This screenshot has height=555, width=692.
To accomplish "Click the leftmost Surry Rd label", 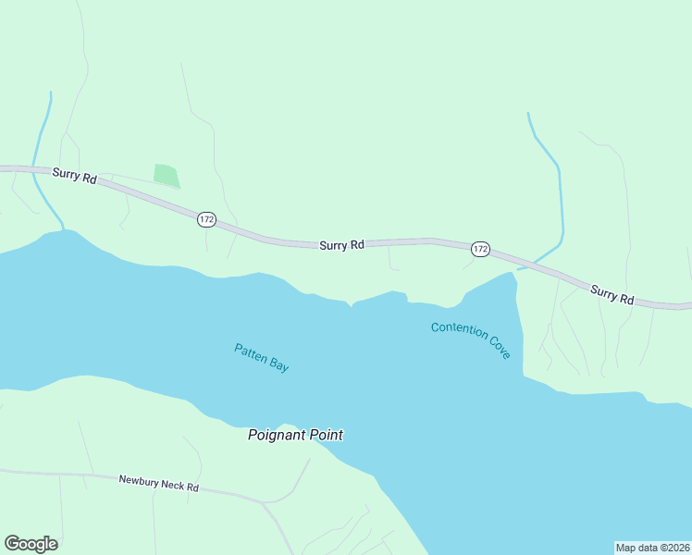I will (x=75, y=175).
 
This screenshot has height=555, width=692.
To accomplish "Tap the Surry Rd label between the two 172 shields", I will (x=341, y=245).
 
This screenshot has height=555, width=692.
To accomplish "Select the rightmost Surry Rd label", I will (x=612, y=294).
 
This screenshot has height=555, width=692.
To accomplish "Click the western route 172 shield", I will (x=205, y=219).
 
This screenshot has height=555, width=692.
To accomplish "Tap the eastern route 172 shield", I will (x=479, y=249).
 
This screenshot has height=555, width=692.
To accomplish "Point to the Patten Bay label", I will (x=262, y=358).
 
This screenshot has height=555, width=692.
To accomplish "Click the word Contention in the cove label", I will (x=459, y=331).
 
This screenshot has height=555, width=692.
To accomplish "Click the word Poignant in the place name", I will (x=278, y=435).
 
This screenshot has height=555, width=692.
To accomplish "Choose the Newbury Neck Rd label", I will (x=159, y=483).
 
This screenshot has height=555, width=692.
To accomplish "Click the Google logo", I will (x=31, y=544).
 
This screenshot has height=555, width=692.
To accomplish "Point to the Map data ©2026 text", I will (x=652, y=548).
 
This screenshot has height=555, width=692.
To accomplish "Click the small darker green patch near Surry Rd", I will (x=166, y=175).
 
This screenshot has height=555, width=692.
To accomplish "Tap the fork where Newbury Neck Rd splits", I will (x=265, y=503).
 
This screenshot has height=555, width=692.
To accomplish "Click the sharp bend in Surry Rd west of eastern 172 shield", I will (x=431, y=240).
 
